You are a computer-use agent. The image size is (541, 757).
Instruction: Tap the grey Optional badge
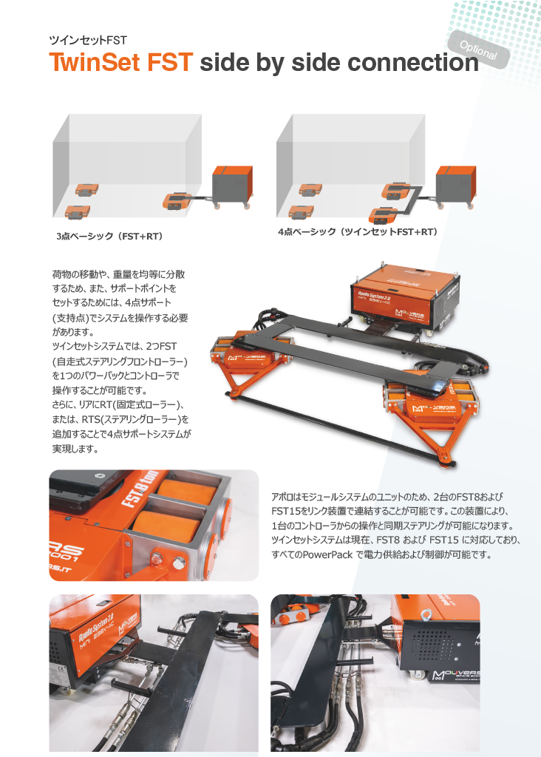point(478,50)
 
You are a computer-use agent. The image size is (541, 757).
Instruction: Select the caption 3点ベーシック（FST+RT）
point(109,237)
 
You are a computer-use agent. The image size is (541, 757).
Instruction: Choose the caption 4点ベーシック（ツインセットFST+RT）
point(358,231)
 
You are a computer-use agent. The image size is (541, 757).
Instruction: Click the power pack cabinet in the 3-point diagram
point(233,186)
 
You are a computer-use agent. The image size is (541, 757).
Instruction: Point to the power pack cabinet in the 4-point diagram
point(455,186)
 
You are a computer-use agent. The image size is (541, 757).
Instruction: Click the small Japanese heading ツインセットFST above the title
point(88,41)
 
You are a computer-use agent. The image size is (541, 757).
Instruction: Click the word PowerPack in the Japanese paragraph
point(328,554)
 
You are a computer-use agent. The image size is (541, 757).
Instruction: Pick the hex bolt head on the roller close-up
point(178,562)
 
